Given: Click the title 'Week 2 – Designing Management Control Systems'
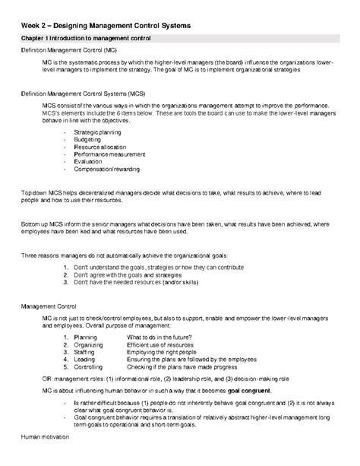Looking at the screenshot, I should pos(111,26).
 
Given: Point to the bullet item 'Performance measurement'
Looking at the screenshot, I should pos(109,154).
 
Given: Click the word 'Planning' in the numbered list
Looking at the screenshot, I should pos(87,337).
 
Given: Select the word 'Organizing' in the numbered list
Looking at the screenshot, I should pos(90,344).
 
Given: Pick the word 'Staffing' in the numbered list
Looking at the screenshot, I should pos(86,351).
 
